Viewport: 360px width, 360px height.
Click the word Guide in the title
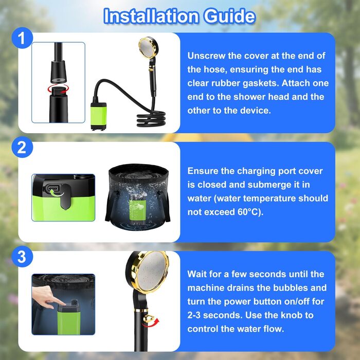pos(229,16)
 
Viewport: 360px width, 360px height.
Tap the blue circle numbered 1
pos(22,38)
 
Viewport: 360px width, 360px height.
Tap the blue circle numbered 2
pos(22,147)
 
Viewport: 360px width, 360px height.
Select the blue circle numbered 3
pos(22,257)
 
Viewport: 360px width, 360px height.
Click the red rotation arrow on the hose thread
pos(58,88)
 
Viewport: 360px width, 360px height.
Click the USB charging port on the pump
pos(53,189)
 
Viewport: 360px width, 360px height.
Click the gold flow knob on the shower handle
pos(148,319)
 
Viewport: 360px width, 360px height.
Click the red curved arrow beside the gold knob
pos(151,323)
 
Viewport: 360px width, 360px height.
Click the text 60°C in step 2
pos(248,212)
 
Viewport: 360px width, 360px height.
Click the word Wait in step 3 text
pos(197,274)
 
